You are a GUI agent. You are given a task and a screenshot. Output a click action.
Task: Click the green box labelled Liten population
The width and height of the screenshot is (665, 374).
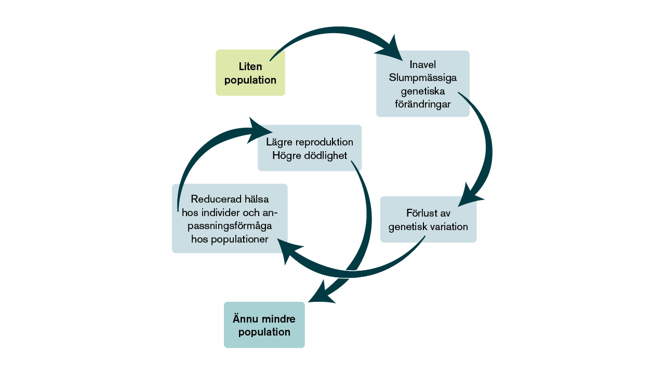pyautogui.click(x=250, y=73)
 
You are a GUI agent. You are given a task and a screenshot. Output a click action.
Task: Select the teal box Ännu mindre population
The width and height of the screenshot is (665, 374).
pyautogui.click(x=264, y=325)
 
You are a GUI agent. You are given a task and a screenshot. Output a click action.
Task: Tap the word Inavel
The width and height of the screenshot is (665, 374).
pyautogui.click(x=422, y=65)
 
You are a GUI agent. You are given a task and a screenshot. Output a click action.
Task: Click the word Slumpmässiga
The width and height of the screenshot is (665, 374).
pyautogui.click(x=423, y=78)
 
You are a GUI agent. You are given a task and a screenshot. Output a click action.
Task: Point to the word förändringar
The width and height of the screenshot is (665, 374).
pyautogui.click(x=422, y=104)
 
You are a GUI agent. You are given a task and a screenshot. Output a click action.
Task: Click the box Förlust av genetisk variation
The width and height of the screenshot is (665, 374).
pyautogui.click(x=428, y=219)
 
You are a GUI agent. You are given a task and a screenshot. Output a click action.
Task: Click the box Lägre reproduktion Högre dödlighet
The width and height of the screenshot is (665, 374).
pyautogui.click(x=310, y=148)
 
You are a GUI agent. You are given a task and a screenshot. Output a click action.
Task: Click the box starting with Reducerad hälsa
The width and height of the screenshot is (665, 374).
pyautogui.click(x=230, y=218)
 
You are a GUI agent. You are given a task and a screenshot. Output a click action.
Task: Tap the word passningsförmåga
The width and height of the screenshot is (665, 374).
pyautogui.click(x=230, y=226)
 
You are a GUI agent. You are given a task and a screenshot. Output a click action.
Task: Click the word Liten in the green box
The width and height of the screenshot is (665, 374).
pyautogui.click(x=250, y=66)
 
